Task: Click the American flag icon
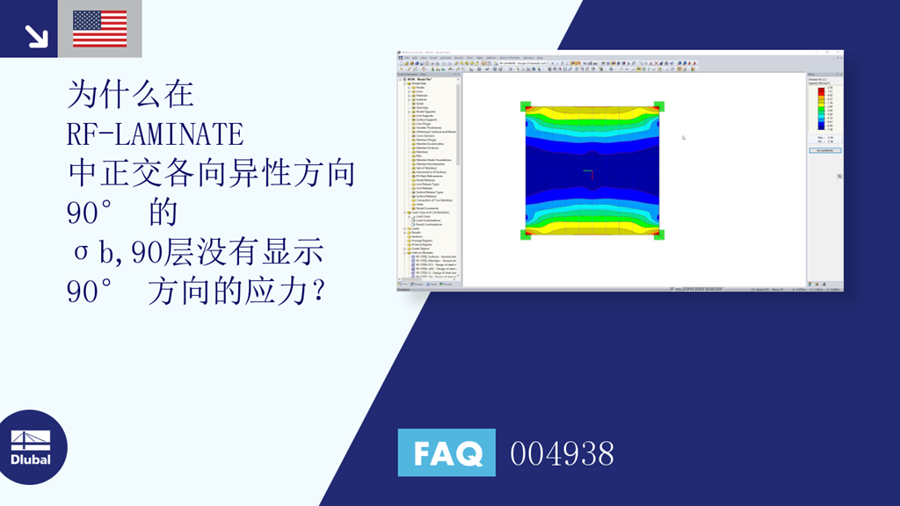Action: click(x=99, y=29)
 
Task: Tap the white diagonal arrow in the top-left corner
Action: click(x=36, y=35)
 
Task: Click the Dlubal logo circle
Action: click(x=31, y=447)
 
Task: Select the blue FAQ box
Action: click(x=446, y=453)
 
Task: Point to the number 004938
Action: click(x=562, y=453)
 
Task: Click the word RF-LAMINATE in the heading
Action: click(x=155, y=134)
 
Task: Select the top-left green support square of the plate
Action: click(x=526, y=107)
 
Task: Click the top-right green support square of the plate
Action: click(x=659, y=107)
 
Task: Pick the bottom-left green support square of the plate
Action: click(x=526, y=235)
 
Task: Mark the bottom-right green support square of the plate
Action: click(x=659, y=235)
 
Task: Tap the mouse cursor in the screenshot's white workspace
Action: click(x=683, y=137)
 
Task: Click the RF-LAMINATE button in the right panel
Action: click(x=824, y=150)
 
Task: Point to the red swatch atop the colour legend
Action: click(x=821, y=89)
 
